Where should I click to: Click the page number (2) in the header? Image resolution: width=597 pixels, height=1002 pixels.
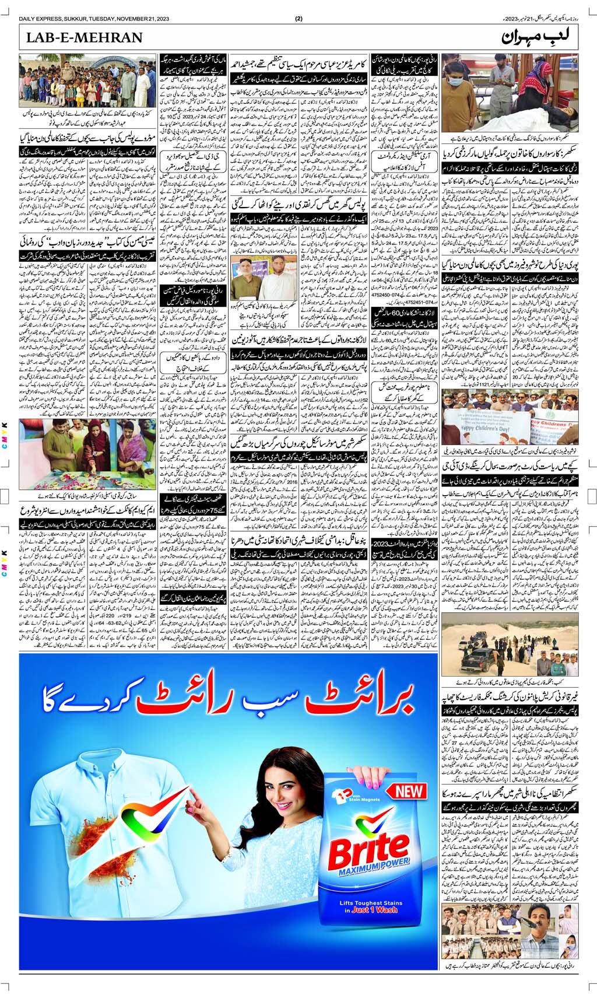pos(299,18)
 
